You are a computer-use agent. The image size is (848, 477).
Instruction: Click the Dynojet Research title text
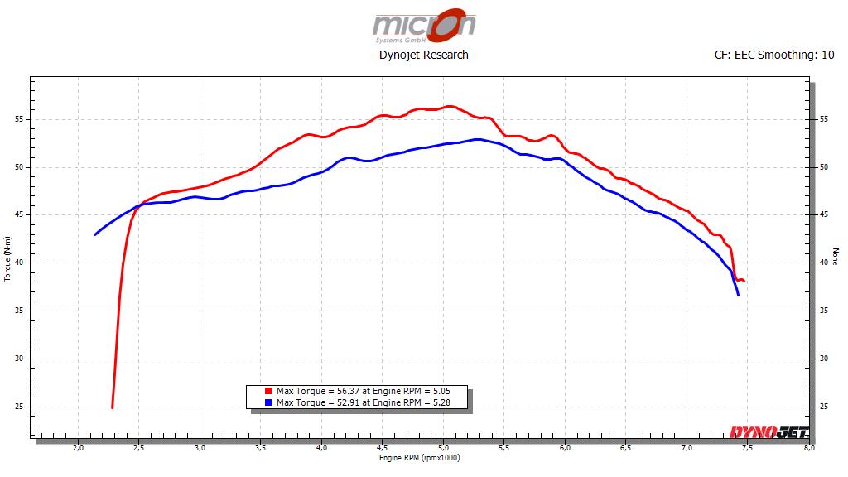423,55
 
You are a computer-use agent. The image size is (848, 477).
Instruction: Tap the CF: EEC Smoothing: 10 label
773,55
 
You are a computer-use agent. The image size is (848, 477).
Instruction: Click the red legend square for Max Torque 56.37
269,391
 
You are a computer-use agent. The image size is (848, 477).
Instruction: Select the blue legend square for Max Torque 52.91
269,402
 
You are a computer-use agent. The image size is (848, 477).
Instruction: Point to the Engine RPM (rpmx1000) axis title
419,458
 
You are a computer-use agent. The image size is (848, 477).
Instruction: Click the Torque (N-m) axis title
8,259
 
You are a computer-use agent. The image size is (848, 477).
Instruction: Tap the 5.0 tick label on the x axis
443,448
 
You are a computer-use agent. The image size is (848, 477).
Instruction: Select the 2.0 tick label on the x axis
78,448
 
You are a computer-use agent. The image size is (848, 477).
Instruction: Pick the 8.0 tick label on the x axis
808,448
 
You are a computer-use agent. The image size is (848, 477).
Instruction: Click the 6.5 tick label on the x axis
626,448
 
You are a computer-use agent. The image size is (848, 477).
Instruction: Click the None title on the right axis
835,258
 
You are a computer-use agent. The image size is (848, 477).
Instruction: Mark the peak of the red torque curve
448,106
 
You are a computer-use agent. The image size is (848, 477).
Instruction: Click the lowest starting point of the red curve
112,407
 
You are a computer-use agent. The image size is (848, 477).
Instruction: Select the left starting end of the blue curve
95,234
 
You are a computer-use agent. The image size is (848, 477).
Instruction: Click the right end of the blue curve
738,295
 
